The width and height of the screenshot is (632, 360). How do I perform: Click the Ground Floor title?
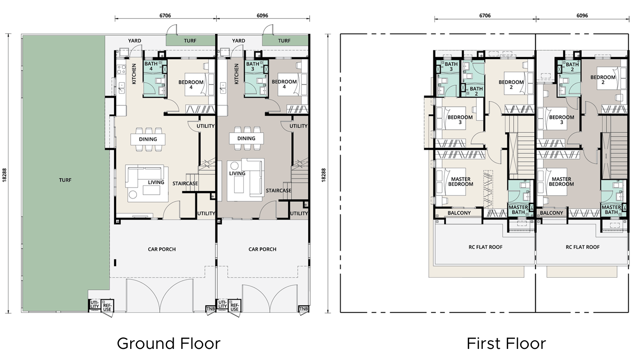(168, 344)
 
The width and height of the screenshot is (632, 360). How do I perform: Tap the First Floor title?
(506, 344)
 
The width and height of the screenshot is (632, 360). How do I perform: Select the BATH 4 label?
(151, 66)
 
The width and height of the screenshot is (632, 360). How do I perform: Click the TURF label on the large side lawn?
(65, 180)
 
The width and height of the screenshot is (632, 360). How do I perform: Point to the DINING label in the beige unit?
(148, 139)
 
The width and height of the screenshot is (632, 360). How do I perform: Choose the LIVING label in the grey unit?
(237, 173)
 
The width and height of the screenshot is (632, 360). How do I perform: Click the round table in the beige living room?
(133, 195)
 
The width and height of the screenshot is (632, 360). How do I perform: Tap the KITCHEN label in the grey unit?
(237, 73)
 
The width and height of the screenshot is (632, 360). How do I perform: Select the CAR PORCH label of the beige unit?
(162, 249)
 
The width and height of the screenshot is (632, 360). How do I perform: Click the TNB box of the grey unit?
(303, 309)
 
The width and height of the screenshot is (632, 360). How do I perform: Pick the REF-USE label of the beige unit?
(107, 307)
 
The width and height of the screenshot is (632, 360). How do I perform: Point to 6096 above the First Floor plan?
(582, 16)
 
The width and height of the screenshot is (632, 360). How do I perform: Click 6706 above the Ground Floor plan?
(165, 16)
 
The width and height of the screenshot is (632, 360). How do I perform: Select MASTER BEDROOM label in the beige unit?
(461, 181)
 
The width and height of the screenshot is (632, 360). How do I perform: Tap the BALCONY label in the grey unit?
(552, 213)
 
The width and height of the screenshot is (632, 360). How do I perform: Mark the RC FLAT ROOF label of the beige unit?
(485, 247)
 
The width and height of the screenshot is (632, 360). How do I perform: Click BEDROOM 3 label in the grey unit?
(561, 119)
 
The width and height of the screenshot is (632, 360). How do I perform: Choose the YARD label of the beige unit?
(135, 41)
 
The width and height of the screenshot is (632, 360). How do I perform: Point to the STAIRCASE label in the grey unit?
(278, 190)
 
